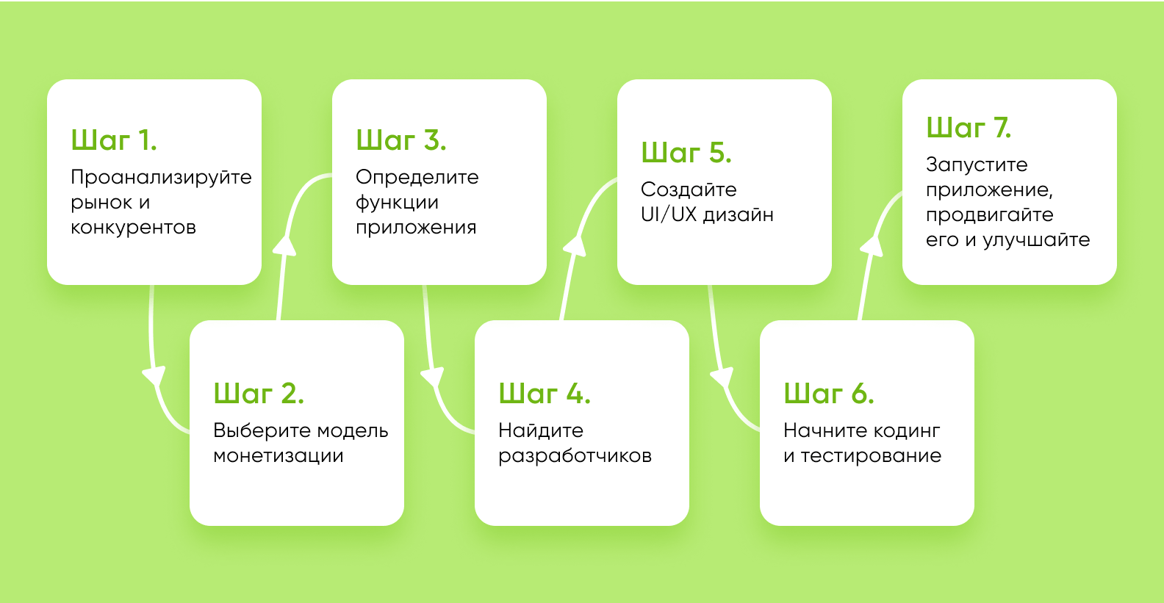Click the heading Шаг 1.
point(114,140)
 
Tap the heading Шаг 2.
point(258,393)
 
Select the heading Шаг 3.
point(400,140)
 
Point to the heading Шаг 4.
point(544,393)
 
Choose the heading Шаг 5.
point(686,152)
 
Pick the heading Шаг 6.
point(829,393)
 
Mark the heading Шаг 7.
point(969,127)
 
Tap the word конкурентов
point(134,228)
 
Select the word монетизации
point(279,456)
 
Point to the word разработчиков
point(575,457)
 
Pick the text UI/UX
point(668,214)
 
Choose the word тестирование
point(871,456)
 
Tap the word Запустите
point(977,165)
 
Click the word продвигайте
point(989,215)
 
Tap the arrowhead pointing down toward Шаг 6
point(722,377)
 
